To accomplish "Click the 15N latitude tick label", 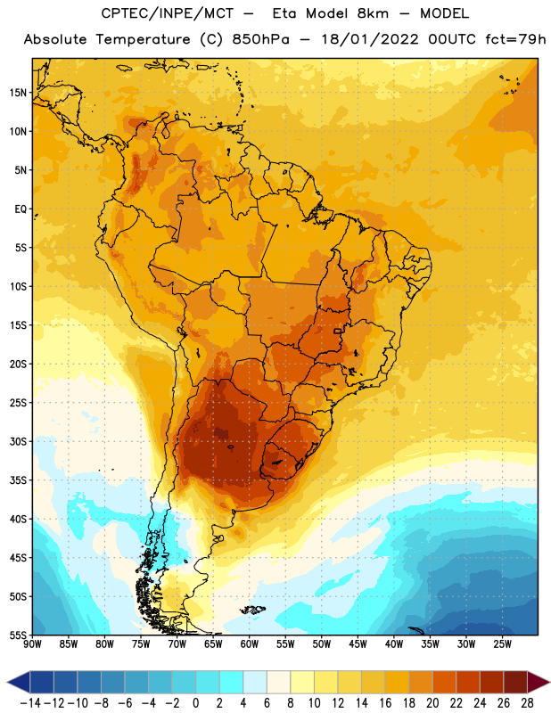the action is (x=18, y=93).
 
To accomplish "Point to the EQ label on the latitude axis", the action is (x=21, y=209).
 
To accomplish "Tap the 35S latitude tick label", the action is (x=18, y=480).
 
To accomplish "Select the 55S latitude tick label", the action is (x=18, y=635).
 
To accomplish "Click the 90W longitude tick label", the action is (x=32, y=644).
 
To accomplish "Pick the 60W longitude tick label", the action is (x=250, y=644).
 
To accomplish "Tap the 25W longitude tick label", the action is (x=502, y=644).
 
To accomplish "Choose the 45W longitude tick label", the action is (x=358, y=644).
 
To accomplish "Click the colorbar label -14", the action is (x=30, y=703).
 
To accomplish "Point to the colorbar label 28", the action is (x=527, y=703).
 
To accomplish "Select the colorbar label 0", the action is (x=195, y=703).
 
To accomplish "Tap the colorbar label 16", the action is (x=385, y=703).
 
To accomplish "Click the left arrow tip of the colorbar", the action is (x=7, y=682).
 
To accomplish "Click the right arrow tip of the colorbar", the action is (x=549, y=682).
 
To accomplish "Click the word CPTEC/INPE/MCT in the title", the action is (x=168, y=13).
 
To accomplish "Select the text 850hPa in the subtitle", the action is (x=260, y=39).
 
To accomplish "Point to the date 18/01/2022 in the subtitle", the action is (x=369, y=39).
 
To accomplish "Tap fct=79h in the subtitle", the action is (x=515, y=39).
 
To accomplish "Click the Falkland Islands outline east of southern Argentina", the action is (x=253, y=610).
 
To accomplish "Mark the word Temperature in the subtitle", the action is (x=143, y=40).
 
